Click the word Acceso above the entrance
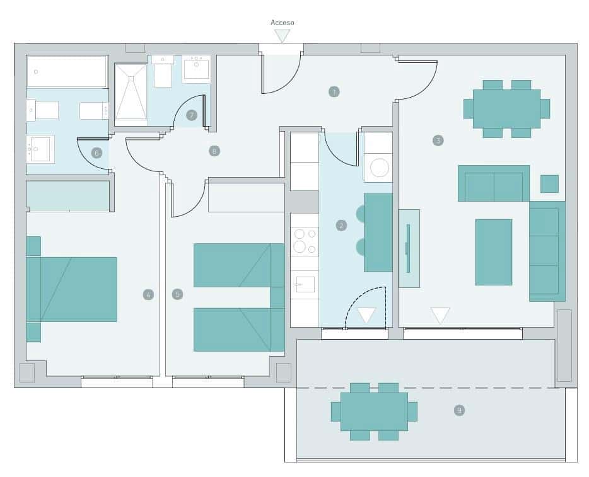(282, 23)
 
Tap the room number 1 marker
(334, 92)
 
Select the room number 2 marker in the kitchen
(341, 225)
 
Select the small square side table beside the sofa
(549, 183)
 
